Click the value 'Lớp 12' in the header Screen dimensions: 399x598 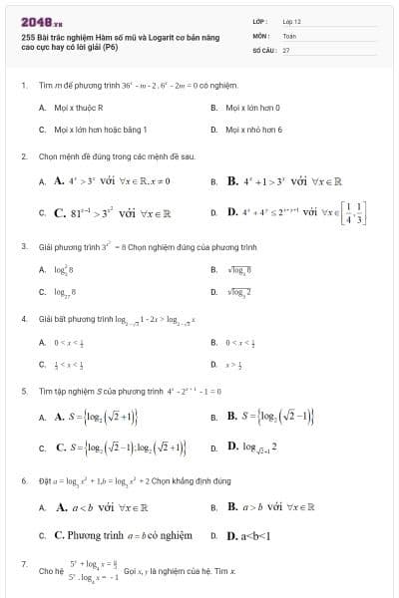291,20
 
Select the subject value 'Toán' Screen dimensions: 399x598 289,34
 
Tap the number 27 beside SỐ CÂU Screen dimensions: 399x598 286,48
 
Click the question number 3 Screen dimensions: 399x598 24,245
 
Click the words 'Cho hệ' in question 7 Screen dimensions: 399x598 50,572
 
